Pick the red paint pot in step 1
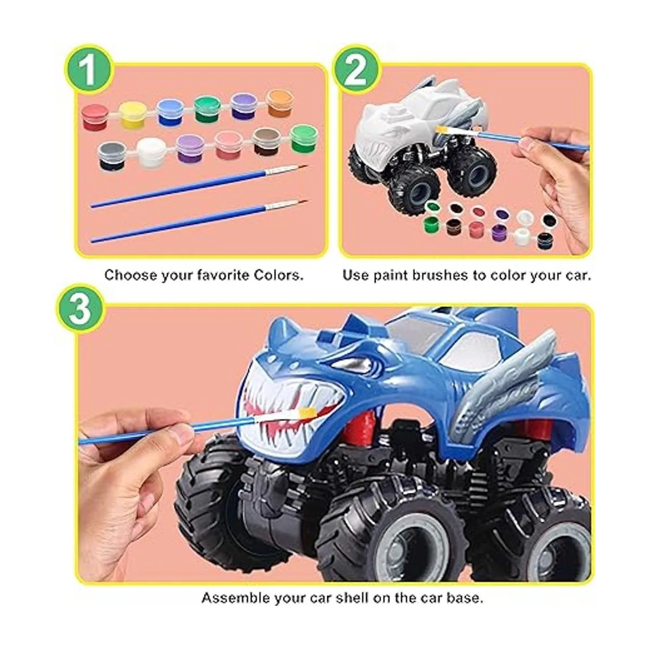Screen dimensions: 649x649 coord(95,117)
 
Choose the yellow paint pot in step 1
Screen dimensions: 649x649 coord(133,115)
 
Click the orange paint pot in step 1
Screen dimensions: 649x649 coord(280,103)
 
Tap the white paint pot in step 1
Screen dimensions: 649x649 coord(150,153)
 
